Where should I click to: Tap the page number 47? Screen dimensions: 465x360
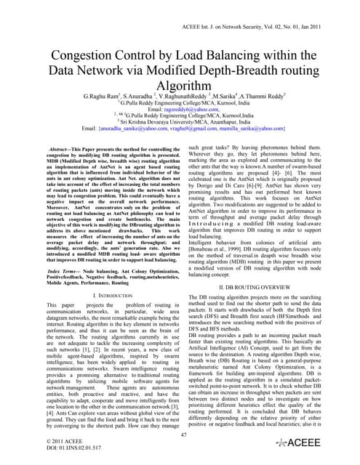tap(180, 434)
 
